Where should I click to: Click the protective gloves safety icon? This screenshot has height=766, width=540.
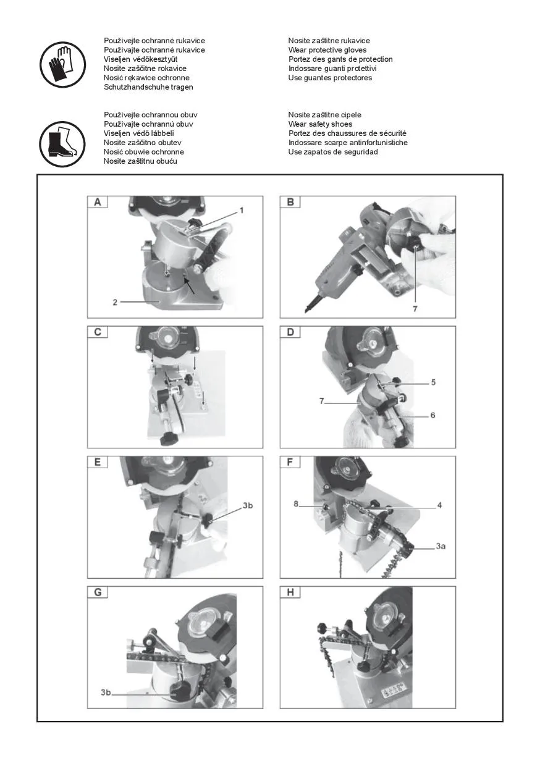(62, 64)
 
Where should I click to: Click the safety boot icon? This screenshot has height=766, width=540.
(62, 144)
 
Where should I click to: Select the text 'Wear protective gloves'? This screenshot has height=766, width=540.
(327, 50)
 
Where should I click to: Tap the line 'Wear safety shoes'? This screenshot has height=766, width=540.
(320, 124)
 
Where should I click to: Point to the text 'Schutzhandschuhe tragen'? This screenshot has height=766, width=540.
(148, 87)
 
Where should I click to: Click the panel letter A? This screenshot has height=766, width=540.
(98, 202)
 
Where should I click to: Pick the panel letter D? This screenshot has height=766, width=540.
(290, 332)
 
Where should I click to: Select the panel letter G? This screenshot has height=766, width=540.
(98, 592)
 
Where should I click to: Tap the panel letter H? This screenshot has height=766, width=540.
(290, 592)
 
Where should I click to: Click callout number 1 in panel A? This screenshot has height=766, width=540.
(242, 210)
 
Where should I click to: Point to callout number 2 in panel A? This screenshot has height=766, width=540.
(115, 302)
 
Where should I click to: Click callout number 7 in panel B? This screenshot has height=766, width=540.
(415, 309)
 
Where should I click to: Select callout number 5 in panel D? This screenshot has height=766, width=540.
(433, 382)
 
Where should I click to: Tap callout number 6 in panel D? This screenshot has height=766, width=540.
(432, 416)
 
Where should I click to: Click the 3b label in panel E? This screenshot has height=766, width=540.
(248, 505)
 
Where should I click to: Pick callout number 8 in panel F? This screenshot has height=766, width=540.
(296, 503)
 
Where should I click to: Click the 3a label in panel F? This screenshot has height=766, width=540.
(441, 547)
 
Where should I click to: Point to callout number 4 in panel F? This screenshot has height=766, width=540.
(439, 505)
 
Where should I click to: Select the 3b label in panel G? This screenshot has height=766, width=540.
(106, 692)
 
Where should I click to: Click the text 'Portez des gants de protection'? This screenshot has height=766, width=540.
(340, 59)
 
